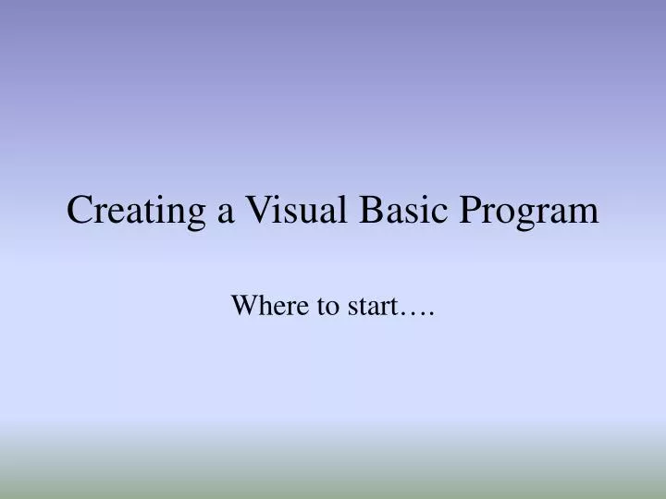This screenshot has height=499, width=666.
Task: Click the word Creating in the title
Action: [137, 212]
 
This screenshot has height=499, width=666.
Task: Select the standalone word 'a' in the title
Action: [225, 214]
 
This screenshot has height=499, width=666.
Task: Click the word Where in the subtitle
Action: [260, 306]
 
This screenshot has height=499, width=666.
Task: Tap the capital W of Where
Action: [242, 306]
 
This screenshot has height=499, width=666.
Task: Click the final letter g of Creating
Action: [199, 217]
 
